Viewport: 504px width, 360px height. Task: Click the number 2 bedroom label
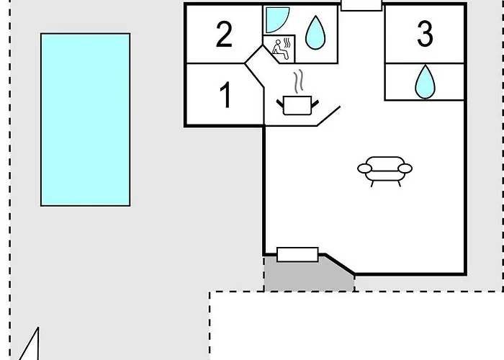224,35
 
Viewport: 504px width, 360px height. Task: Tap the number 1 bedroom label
225,95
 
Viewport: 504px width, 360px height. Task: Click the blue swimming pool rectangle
86,120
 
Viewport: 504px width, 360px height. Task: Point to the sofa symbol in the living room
385,171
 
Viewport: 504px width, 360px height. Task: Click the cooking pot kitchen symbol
297,105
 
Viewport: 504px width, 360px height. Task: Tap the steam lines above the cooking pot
299,81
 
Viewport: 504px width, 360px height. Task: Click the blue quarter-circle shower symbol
277,20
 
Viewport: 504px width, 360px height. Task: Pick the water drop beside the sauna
315,33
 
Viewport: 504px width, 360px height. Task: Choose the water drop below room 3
425,82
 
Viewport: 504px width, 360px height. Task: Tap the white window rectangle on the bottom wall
297,255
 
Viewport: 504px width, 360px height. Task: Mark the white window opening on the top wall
361,5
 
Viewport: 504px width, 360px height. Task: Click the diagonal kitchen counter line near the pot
328,116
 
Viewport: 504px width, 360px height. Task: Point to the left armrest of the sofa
364,168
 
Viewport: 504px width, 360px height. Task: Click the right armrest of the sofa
405,168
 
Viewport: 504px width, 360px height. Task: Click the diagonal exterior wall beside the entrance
340,264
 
